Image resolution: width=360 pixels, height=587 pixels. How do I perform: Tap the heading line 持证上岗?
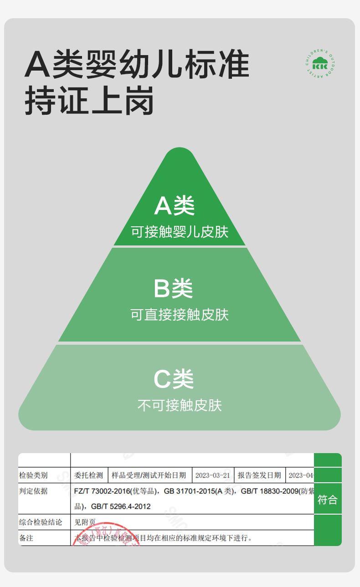tap(89, 100)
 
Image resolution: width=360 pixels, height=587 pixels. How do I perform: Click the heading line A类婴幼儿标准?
tap(137, 64)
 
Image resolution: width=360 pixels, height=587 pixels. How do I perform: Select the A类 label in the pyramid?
tap(175, 206)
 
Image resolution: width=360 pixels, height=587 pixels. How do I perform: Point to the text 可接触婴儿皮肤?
tap(180, 232)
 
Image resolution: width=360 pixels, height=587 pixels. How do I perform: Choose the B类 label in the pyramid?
tap(173, 288)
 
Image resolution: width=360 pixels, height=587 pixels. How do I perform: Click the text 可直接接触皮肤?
tap(180, 315)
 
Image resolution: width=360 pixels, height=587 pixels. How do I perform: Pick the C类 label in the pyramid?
tap(174, 379)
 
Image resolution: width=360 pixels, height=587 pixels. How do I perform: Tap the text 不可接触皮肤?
tap(180, 405)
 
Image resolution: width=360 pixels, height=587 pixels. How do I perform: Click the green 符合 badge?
tap(327, 500)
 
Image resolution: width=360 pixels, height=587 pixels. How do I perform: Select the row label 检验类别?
tap(33, 475)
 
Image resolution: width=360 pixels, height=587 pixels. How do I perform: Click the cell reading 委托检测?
tap(89, 475)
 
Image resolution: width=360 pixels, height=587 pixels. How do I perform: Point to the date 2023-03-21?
tap(213, 475)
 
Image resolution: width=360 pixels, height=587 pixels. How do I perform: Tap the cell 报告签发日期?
tap(259, 475)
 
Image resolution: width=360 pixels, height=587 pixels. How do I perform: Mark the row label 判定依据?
tap(33, 491)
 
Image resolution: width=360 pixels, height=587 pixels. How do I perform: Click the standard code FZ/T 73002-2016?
tap(102, 491)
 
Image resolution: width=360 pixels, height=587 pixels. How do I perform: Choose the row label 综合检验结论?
tap(41, 522)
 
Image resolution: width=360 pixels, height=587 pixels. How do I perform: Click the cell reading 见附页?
tap(85, 522)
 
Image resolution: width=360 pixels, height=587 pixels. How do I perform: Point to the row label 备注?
tap(26, 538)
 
